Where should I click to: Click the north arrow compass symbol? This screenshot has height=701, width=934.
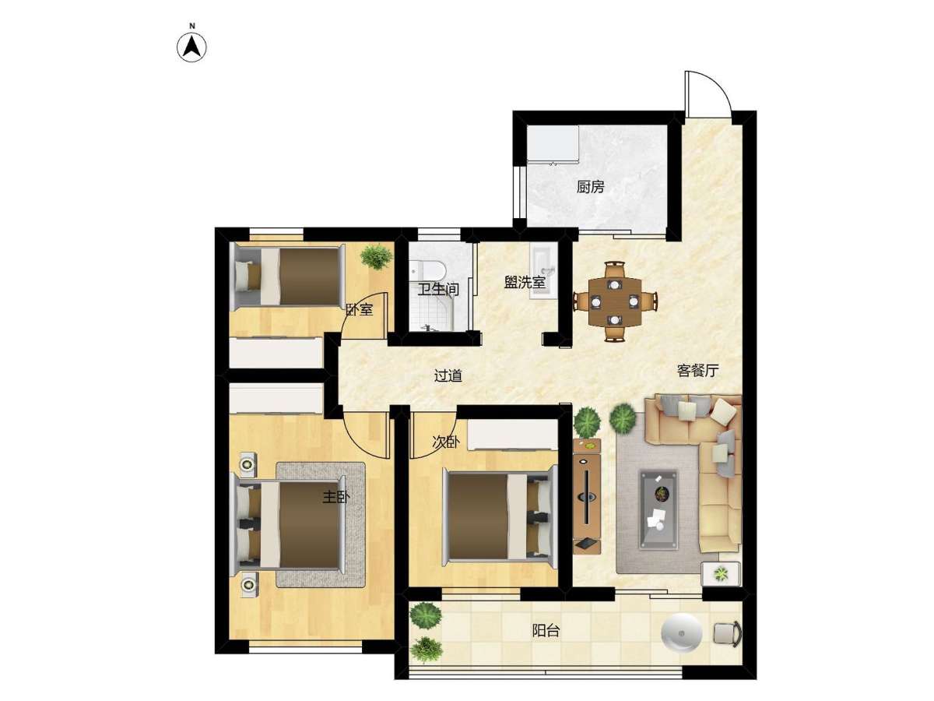[x=191, y=46]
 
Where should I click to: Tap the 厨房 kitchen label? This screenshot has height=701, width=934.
[x=590, y=186]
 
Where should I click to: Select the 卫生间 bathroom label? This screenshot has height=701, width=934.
[x=438, y=290]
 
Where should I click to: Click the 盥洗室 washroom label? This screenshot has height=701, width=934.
[x=525, y=282]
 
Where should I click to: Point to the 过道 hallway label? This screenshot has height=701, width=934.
[x=448, y=375]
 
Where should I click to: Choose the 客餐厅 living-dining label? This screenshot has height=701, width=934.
[x=697, y=370]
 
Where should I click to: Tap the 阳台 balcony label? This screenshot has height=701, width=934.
[x=546, y=630]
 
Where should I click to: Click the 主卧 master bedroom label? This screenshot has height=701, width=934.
[x=336, y=497]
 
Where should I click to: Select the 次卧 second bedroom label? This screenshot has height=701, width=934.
[x=445, y=442]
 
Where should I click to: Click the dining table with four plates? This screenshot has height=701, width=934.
[x=615, y=301]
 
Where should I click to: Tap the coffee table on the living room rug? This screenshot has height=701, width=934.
[x=658, y=509]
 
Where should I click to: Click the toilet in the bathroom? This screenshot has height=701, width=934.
[x=427, y=270]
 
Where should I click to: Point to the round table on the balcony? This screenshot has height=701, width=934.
[x=681, y=632]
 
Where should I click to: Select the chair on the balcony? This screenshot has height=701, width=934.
[x=727, y=634]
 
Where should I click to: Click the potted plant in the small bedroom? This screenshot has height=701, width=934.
[x=376, y=256]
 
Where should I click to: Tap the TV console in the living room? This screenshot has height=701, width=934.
[x=586, y=496]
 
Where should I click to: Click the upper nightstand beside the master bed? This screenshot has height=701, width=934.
[x=248, y=464]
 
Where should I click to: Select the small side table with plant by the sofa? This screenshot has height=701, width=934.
[x=721, y=574]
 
